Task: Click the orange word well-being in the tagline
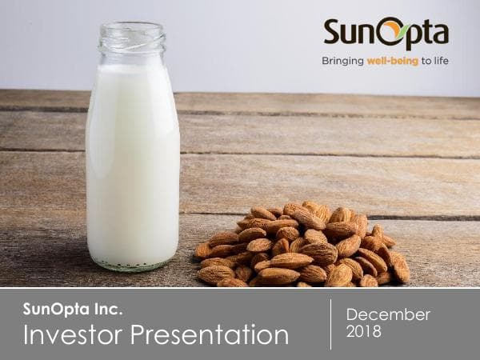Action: tap(393, 60)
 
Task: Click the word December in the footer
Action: tap(388, 314)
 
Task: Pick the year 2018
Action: tap(364, 330)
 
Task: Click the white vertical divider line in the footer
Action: tap(330, 324)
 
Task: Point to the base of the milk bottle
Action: tap(133, 262)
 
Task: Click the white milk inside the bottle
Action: tap(133, 160)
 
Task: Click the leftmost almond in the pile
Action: tap(203, 250)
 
